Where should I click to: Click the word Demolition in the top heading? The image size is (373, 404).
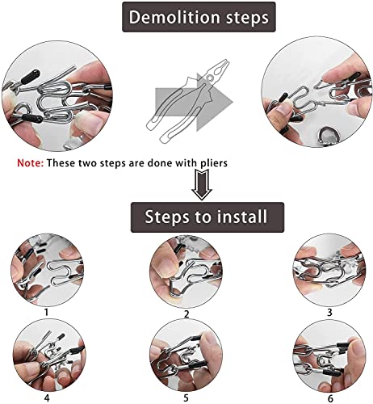(174, 17)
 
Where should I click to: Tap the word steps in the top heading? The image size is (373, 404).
(247, 18)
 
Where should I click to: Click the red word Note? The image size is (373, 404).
(30, 162)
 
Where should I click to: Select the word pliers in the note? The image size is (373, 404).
(214, 163)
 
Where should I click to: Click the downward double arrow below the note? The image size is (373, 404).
(202, 184)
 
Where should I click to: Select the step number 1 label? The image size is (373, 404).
(46, 312)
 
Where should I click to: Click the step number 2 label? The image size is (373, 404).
(186, 314)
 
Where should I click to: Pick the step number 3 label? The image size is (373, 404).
(329, 312)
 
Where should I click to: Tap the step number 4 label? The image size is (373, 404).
(47, 398)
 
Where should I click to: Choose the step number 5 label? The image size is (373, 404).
(186, 398)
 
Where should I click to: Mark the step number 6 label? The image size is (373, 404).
(330, 398)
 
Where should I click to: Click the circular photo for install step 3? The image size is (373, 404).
(329, 270)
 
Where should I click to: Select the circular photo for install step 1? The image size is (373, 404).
(47, 270)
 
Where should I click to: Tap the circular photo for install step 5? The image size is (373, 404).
(186, 356)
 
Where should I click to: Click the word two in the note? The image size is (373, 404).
(87, 163)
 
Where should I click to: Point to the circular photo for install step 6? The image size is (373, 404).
(329, 356)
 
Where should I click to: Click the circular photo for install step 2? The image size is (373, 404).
(186, 272)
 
